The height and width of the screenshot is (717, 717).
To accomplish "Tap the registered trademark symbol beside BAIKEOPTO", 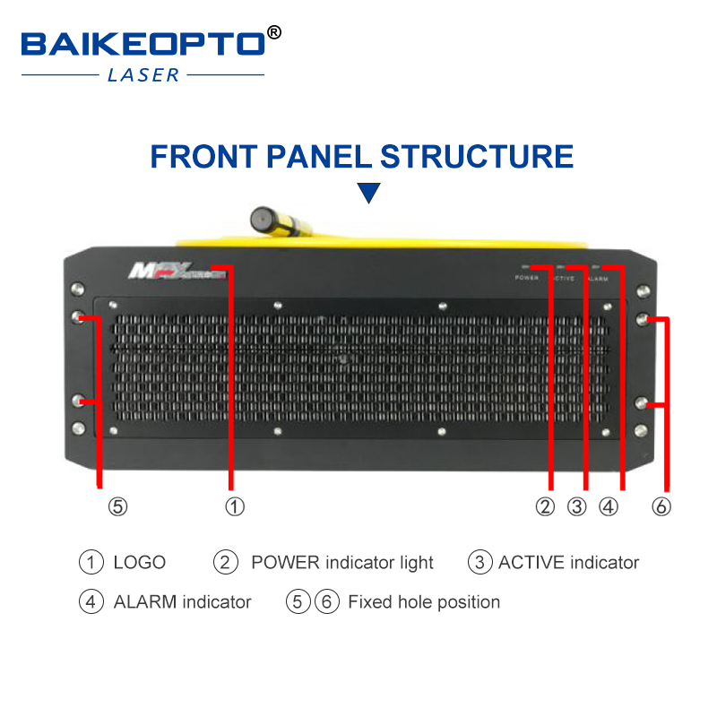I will [x=274, y=33].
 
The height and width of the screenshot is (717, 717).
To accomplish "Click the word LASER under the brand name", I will [x=143, y=75].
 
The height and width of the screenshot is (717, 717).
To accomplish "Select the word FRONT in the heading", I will [x=202, y=157].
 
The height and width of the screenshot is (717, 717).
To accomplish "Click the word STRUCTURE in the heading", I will [x=478, y=157].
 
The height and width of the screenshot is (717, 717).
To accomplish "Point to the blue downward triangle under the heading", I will [x=368, y=193].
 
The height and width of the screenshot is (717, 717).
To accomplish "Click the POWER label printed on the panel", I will [x=527, y=279].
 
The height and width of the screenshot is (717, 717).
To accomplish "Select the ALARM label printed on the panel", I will [x=597, y=280].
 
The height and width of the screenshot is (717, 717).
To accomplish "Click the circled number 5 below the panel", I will [x=118, y=506].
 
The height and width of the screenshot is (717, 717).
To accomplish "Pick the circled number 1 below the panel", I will [x=234, y=506].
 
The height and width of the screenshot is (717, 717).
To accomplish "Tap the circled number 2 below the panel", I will [x=546, y=506].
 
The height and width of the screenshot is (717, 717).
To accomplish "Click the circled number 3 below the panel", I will [x=577, y=506].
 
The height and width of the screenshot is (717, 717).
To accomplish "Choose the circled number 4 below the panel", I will [x=609, y=506].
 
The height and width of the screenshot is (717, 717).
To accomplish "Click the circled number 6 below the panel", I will [x=661, y=506].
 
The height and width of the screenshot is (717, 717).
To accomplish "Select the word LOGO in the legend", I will [x=140, y=563].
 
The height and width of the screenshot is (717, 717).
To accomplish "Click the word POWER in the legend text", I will [x=285, y=563].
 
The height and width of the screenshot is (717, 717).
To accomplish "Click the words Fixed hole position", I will [x=424, y=601].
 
